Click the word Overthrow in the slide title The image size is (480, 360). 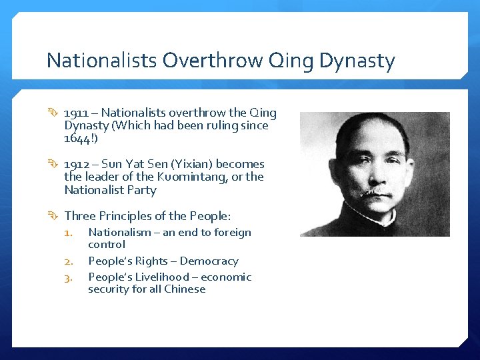(x=211, y=61)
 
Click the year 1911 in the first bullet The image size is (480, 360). (x=77, y=113)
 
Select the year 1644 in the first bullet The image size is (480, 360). (x=78, y=138)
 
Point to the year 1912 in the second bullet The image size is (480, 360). (x=77, y=164)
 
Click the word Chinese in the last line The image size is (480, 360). (x=187, y=289)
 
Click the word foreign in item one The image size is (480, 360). (x=233, y=233)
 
